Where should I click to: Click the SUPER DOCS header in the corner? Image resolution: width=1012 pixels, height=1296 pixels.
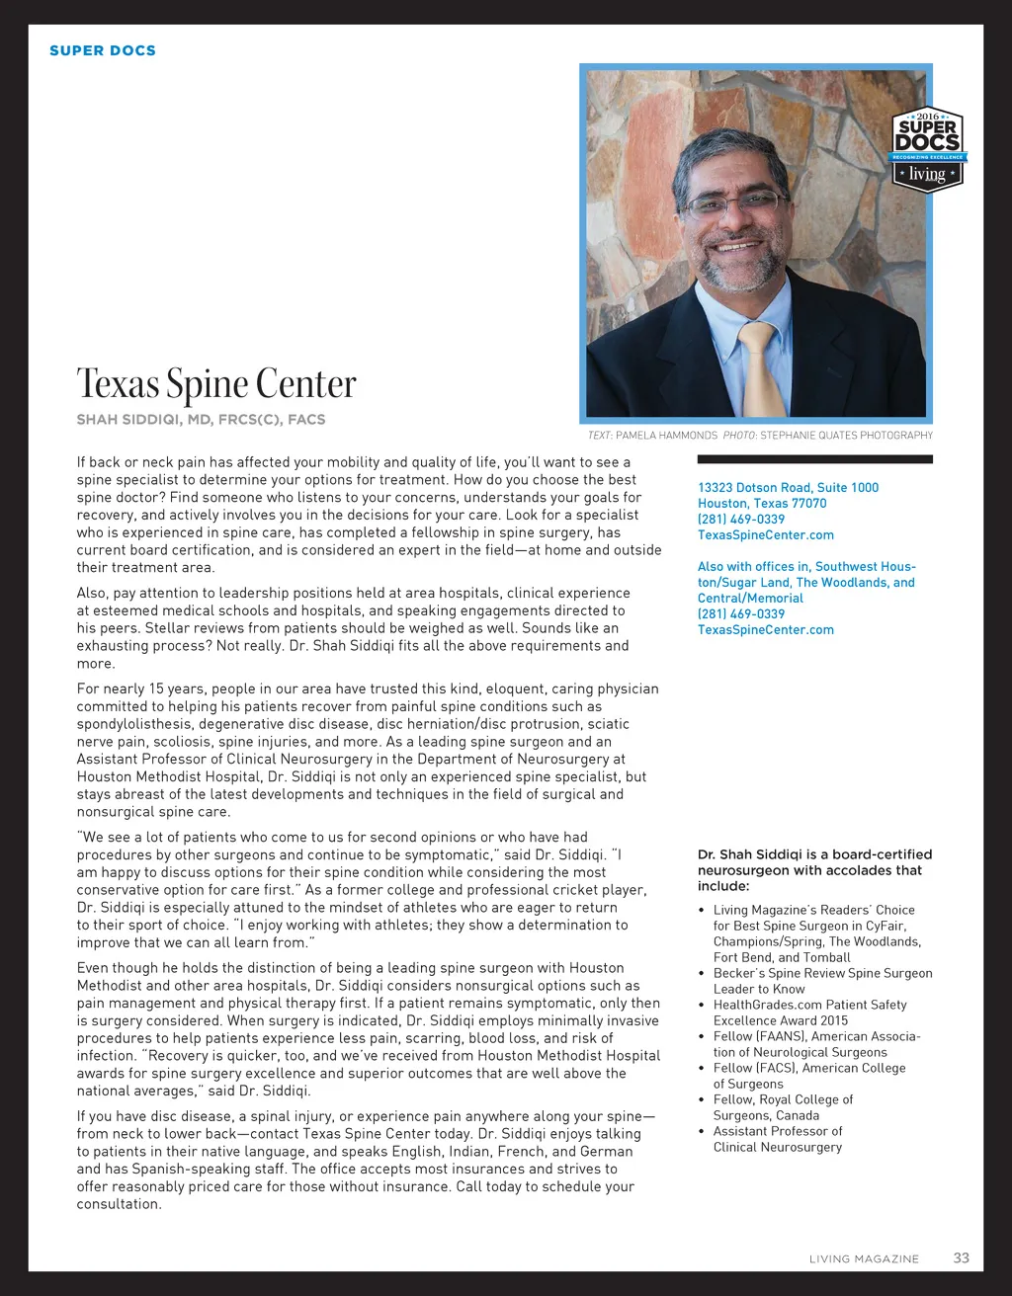(x=103, y=50)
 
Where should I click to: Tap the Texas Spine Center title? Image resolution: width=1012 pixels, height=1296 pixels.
(x=216, y=383)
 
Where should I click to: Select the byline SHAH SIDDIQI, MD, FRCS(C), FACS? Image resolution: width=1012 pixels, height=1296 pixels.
(x=201, y=419)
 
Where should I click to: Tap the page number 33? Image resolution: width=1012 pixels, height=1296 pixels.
(x=961, y=1257)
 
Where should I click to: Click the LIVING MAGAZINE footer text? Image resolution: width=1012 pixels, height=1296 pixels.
(x=864, y=1258)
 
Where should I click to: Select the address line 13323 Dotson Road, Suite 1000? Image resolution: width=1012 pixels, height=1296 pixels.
(x=788, y=487)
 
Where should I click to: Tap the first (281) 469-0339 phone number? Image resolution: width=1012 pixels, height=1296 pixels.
(x=741, y=519)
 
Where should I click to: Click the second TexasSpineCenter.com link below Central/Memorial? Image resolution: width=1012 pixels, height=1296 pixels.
(x=766, y=629)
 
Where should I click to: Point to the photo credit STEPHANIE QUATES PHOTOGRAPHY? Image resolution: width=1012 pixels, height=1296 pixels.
(x=846, y=435)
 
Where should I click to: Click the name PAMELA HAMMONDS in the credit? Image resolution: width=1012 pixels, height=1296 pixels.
(x=666, y=435)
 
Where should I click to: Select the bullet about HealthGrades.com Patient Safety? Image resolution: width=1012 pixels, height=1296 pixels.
(x=809, y=1012)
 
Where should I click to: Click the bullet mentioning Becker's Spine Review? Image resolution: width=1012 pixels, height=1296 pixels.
(x=822, y=981)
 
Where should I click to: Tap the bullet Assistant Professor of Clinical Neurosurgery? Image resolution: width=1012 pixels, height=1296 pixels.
(x=778, y=1139)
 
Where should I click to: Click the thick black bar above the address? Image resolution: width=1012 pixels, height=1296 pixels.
(x=814, y=459)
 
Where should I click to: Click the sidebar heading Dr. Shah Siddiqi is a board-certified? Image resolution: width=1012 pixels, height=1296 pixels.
(x=814, y=854)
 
